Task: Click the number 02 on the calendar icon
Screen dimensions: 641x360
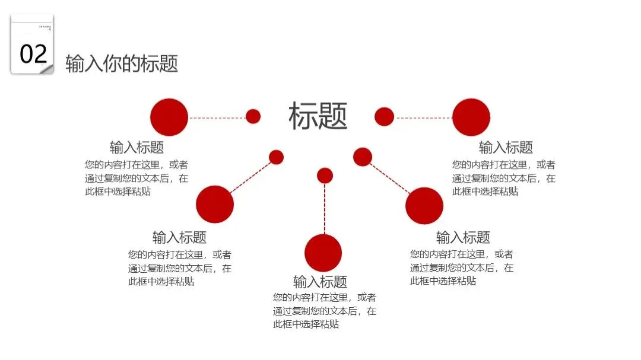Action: pos(33,54)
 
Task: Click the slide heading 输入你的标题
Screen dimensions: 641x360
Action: pos(122,63)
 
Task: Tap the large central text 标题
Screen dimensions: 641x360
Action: pos(318,116)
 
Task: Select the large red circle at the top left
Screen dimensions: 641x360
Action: pos(169,117)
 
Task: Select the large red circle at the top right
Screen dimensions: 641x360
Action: pos(471,117)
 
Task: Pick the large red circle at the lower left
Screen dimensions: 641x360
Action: pos(215,204)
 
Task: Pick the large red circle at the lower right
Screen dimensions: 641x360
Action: pos(424,205)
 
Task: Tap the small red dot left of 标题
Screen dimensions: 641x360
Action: pos(253,116)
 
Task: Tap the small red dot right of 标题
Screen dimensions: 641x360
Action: pos(385,116)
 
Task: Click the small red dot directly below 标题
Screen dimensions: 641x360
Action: pos(325,176)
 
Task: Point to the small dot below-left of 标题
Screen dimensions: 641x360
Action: pos(276,157)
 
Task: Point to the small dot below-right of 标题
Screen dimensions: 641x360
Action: pos(363,157)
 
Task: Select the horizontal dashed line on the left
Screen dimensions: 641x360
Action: pos(217,117)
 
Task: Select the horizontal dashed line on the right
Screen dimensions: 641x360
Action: pos(424,117)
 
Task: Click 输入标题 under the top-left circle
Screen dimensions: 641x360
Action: pos(137,147)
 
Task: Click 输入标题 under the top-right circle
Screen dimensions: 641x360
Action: pos(506,147)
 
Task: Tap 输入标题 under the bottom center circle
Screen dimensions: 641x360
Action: pos(320,282)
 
